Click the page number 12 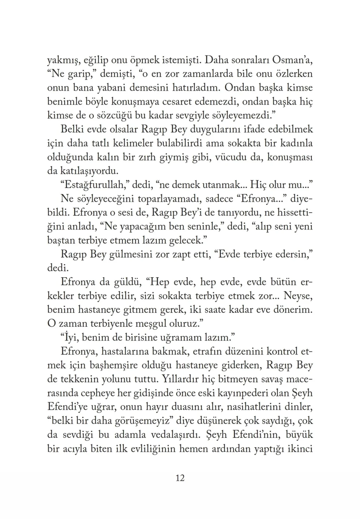point(180,478)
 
